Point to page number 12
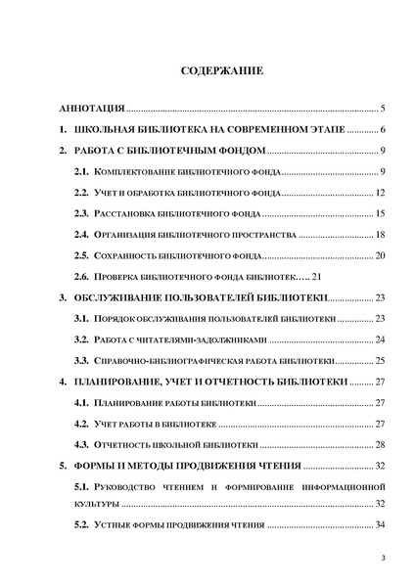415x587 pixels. [x=382, y=193]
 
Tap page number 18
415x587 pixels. [x=382, y=235]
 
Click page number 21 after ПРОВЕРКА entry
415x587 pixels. [x=316, y=277]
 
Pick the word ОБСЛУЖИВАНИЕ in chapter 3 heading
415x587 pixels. [x=124, y=297]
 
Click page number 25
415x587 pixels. [x=382, y=361]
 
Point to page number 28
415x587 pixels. [x=382, y=444]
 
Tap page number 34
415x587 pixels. [x=382, y=527]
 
